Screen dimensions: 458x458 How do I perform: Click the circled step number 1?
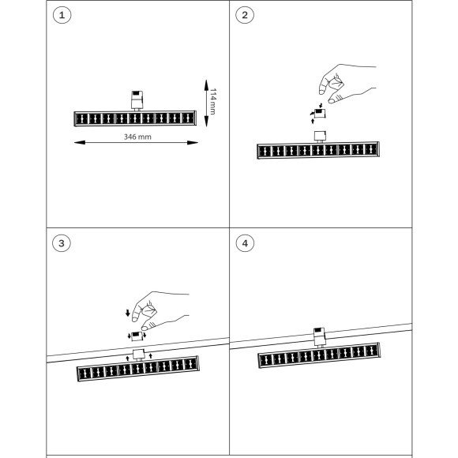click(62, 15)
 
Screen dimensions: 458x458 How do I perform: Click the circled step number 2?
click(245, 15)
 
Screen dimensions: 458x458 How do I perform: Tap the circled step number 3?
click(62, 243)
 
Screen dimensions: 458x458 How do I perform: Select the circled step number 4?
click(245, 243)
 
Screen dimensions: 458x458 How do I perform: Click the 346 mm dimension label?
click(137, 137)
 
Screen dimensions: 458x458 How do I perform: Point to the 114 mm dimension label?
click(213, 101)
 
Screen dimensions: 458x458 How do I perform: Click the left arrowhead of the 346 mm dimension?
click(80, 143)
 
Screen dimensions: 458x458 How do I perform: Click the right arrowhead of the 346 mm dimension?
click(193, 143)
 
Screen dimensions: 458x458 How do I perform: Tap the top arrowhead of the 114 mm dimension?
click(206, 85)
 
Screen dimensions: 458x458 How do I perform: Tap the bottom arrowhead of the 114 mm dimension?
click(206, 122)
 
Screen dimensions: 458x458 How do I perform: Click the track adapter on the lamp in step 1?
click(137, 100)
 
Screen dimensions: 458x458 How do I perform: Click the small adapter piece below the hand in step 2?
click(320, 114)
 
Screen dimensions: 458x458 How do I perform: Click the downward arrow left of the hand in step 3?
click(128, 313)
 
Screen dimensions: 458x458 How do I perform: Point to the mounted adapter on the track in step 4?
click(319, 337)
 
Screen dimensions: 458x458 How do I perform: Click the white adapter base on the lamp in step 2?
click(320, 137)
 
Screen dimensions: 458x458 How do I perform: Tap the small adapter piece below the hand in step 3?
click(137, 336)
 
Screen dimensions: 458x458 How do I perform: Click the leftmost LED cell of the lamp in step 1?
click(81, 119)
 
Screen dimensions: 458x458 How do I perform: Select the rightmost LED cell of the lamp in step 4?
click(372, 351)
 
